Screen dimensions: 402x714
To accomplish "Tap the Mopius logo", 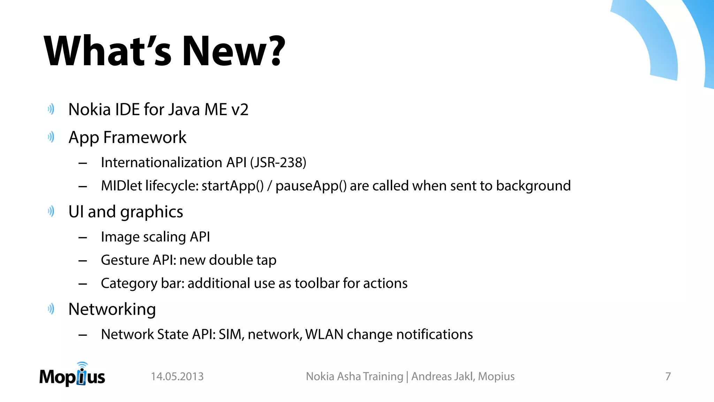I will pos(72,375).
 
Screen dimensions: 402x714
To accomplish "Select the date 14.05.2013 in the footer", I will pos(177,377).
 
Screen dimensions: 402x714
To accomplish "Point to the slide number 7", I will pos(668,377).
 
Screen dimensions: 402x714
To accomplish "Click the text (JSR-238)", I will pos(278,163).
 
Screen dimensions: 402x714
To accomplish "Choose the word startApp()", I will pos(233,186).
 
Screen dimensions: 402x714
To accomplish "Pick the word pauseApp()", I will pos(311,186).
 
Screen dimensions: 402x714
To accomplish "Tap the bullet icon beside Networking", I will pos(51,309).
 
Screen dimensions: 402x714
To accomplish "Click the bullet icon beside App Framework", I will pos(51,137).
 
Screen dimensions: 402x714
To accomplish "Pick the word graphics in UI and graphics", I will pos(152,212).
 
